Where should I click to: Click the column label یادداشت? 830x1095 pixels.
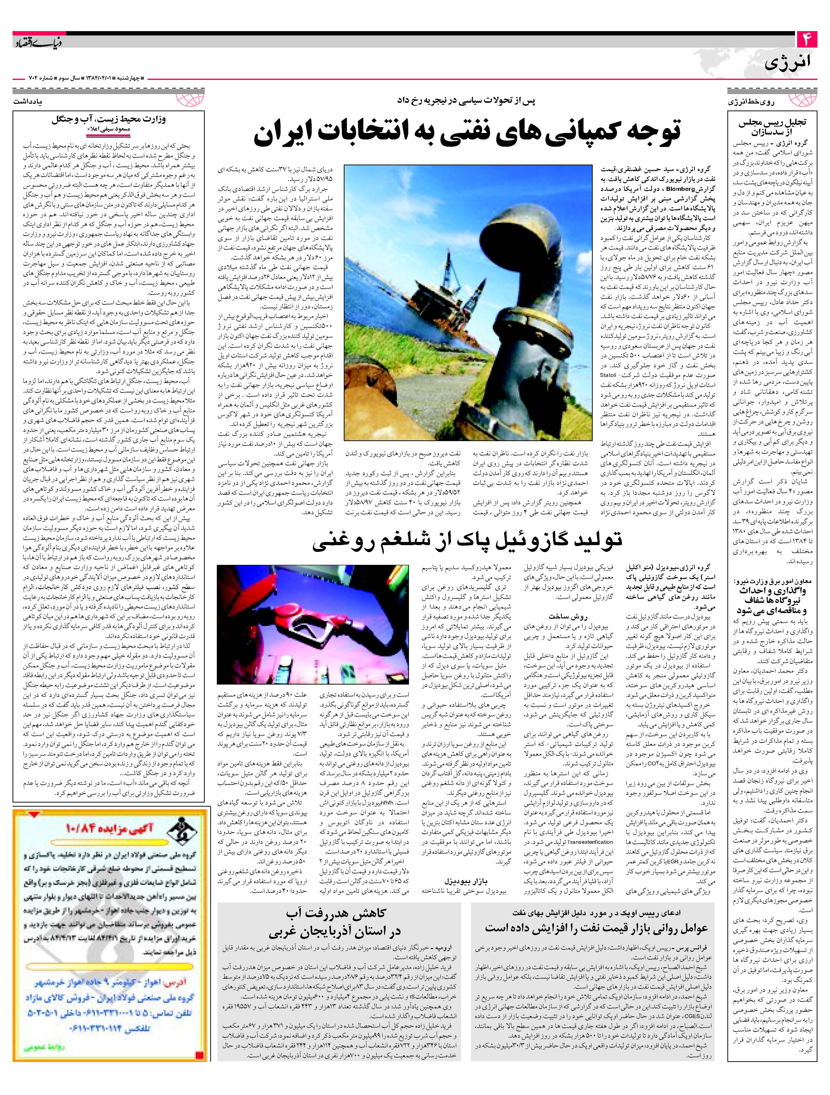point(27,100)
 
